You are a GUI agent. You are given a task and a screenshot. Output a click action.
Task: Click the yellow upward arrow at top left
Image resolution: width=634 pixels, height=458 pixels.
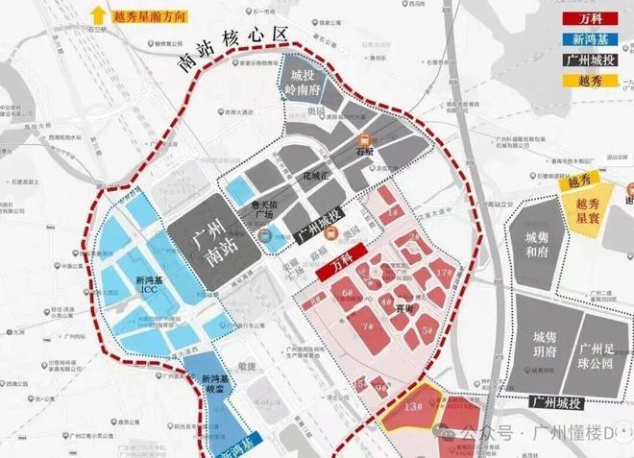click(x=97, y=15)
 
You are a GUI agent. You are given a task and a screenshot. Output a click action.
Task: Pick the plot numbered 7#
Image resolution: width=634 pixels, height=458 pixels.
click(x=367, y=327)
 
